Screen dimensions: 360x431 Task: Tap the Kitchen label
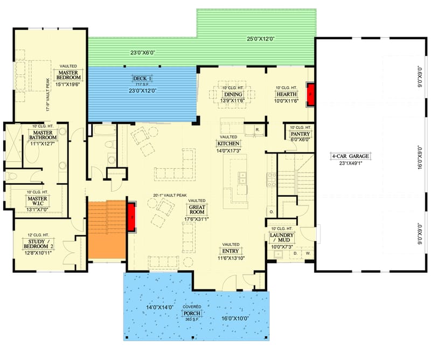228,144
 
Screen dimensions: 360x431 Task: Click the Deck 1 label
142,79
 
